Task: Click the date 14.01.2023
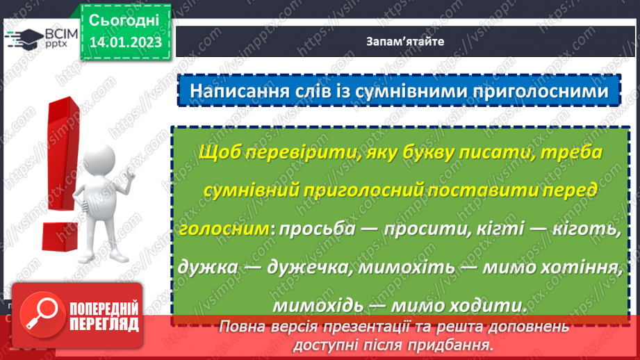(125, 42)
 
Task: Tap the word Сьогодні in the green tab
(125, 19)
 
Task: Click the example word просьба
(314, 229)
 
